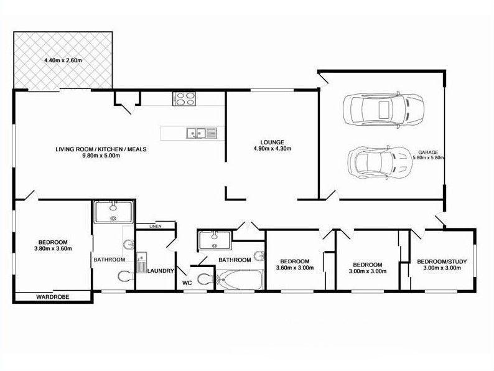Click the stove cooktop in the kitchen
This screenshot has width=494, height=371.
pos(184,98)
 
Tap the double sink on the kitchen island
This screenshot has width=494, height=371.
pos(202,133)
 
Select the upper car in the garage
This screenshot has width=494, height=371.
pos(383,110)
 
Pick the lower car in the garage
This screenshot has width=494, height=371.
pos(381,162)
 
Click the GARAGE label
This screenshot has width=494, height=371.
pos(428,153)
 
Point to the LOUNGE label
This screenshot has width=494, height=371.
pos(273,143)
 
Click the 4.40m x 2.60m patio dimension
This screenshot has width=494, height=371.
pos(63,60)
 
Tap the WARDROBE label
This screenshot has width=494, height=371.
pos(53,297)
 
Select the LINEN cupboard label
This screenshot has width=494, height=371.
pos(156,227)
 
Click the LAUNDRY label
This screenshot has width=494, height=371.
pos(161,271)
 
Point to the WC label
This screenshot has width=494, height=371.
pos(187,283)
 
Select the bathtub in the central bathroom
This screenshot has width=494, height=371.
pos(240,279)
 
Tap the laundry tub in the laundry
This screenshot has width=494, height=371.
pos(141,262)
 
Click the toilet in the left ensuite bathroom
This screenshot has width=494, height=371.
pos(126,276)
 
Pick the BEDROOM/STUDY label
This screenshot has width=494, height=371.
pos(442,261)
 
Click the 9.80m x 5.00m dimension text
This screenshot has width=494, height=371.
pos(101,156)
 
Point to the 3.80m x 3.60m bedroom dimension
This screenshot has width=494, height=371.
pos(53,248)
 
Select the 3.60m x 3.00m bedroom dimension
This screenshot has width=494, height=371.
pos(295,268)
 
